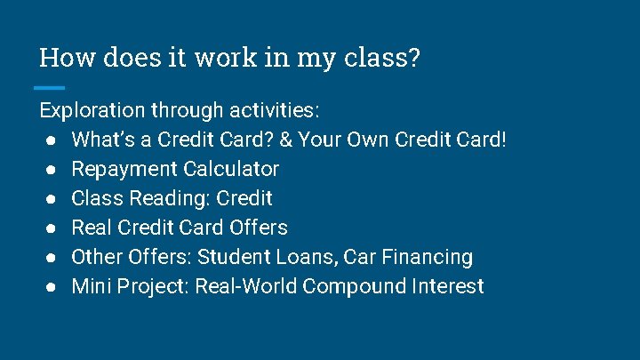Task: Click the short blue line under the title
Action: pos(49,87)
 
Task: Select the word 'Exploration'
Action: pos(92,111)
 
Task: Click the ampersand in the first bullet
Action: pos(286,140)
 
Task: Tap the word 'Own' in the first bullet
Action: pos(367,140)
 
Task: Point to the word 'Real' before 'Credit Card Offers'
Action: pos(91,228)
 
